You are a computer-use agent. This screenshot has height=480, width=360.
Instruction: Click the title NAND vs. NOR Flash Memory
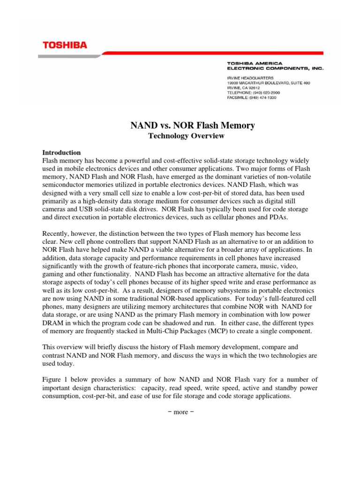pos(192,125)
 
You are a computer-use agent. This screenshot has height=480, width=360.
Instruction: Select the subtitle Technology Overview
pos(180,136)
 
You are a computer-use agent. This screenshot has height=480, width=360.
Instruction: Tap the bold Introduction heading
pos(61,153)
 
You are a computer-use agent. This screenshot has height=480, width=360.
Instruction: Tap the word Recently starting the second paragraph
pos(58,233)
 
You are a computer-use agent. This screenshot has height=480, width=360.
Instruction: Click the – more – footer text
pos(180,412)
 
